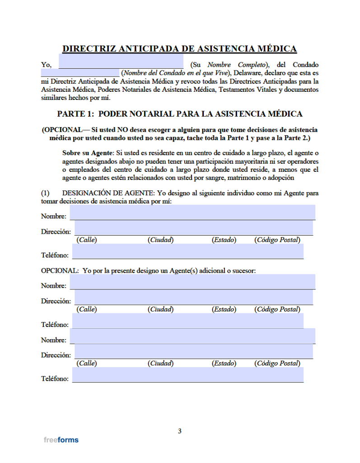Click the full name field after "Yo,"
[x=121, y=61]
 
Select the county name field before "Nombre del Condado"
[x=79, y=73]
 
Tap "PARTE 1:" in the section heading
[x=75, y=114]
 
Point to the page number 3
[x=179, y=431]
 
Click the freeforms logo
[x=61, y=439]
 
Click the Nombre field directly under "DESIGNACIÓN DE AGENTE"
[x=192, y=212]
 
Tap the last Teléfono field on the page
[x=187, y=375]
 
